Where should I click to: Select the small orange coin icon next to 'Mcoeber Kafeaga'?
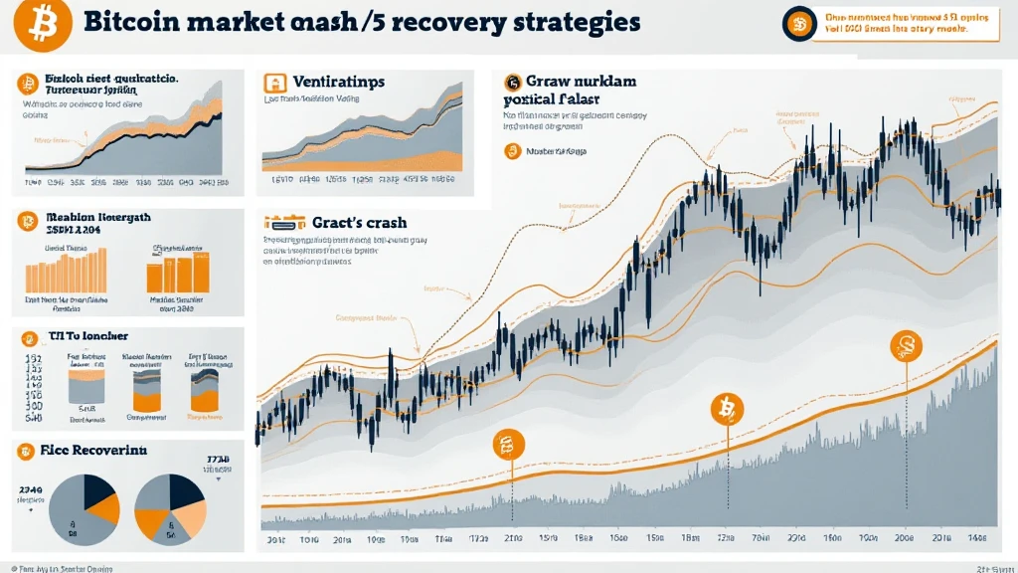coord(513,151)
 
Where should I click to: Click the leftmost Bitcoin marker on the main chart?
coord(508,447)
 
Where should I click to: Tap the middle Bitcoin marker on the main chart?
coord(727,407)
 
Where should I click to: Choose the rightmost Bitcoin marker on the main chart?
coord(906,346)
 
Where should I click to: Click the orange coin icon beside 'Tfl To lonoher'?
coord(27,336)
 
